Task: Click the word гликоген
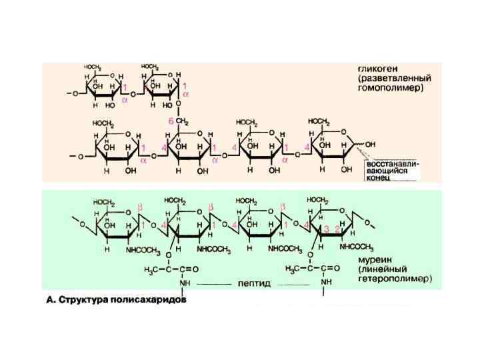377,69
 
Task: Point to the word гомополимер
391,88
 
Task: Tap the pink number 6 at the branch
171,121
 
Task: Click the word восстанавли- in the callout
393,162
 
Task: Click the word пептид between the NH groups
253,283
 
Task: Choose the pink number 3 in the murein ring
326,229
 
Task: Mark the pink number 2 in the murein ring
339,229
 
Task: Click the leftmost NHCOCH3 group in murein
141,249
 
